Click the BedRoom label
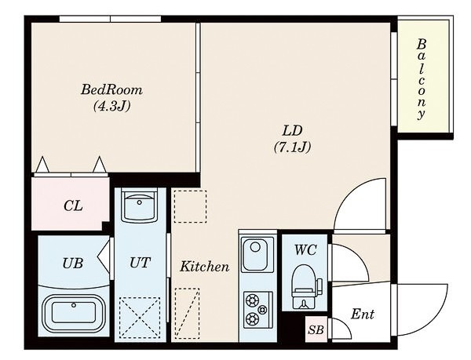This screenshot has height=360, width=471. [111, 89]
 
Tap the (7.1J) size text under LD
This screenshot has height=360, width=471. [292, 147]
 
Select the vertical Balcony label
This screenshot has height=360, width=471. [422, 79]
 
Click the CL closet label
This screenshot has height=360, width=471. [73, 206]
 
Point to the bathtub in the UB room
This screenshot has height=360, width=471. [74, 313]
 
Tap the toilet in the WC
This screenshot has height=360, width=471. [304, 286]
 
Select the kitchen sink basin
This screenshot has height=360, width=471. [257, 254]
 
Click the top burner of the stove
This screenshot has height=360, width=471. [252, 300]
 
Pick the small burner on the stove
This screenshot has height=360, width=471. [262, 309]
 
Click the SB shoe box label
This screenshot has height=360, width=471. [316, 329]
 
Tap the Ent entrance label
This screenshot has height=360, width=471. [363, 314]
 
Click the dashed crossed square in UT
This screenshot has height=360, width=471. [140, 317]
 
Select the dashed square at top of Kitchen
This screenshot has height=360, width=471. [190, 206]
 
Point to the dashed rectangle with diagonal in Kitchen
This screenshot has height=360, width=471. [187, 314]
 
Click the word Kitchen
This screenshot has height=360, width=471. [205, 267]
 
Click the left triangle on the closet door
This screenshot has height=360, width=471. [42, 165]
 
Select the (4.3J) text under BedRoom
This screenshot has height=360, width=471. [111, 106]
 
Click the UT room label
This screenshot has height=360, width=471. [140, 263]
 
